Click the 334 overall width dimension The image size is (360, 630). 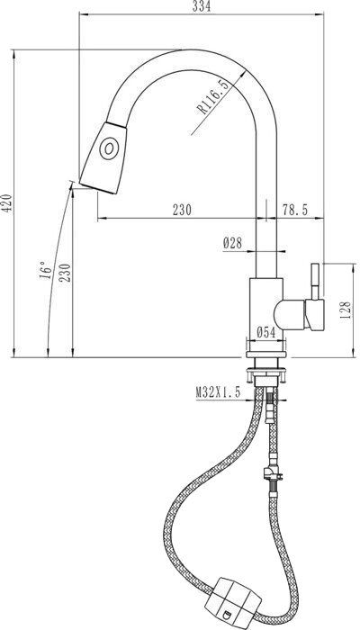point(202,6)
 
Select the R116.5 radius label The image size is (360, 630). point(213,97)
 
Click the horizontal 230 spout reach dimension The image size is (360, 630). point(182,210)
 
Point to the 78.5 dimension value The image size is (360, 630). point(294,210)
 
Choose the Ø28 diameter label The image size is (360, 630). point(232,243)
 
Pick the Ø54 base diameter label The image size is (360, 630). point(266,332)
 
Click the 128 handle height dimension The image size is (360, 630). point(346,310)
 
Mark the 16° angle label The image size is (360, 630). point(45,270)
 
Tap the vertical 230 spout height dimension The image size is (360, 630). point(65,273)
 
